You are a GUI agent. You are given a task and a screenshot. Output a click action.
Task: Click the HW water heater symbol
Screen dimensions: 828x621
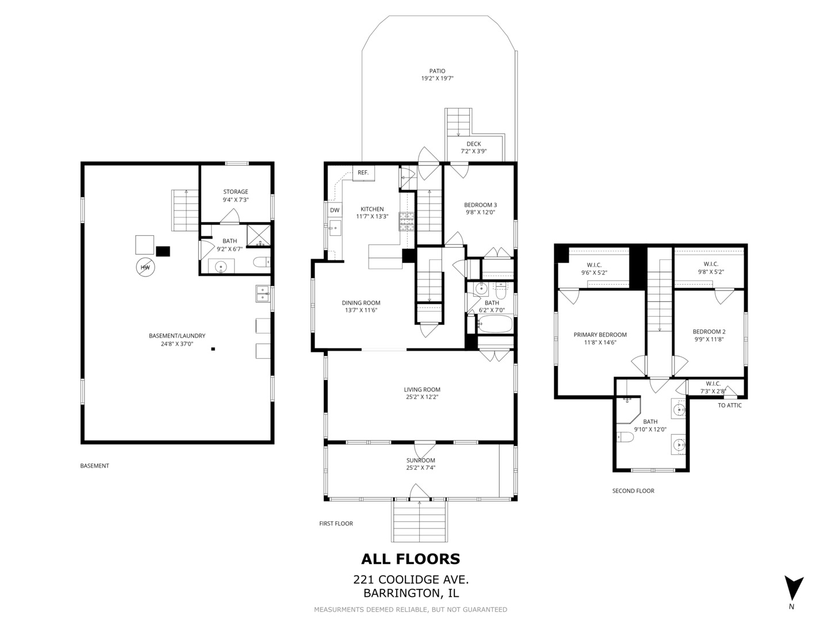pos(145,267)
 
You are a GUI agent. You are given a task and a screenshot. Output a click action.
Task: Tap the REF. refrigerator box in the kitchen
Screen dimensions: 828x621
pos(363,172)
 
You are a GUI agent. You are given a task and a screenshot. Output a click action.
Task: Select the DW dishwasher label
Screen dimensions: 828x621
pos(335,210)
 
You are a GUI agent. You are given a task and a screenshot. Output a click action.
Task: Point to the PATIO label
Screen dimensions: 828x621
pos(437,71)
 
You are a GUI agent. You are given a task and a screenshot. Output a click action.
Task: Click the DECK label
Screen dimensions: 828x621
pos(474,144)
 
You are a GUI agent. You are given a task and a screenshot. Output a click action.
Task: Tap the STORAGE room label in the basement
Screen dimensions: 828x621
pos(236,191)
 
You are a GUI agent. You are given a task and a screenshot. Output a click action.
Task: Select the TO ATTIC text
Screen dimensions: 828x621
pos(730,405)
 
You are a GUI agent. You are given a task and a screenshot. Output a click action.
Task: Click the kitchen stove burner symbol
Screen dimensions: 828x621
pos(407,221)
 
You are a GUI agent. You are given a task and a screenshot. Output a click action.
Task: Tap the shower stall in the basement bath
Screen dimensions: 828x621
pos(259,235)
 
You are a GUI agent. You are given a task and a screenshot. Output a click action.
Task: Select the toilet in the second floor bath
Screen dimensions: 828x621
pos(624,437)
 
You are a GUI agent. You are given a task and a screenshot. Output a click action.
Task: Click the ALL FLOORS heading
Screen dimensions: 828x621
pos(411,559)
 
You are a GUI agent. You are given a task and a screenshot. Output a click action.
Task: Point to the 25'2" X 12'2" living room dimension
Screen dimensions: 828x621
pos(421,397)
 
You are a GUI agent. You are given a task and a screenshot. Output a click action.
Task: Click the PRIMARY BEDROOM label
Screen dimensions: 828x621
pos(600,335)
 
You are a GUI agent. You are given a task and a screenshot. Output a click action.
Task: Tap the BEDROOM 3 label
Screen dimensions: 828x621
pos(480,205)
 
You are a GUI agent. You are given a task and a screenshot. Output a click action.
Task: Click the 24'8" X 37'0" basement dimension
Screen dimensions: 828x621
pos(177,344)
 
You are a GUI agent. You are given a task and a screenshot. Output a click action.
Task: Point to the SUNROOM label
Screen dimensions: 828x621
pos(420,461)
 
